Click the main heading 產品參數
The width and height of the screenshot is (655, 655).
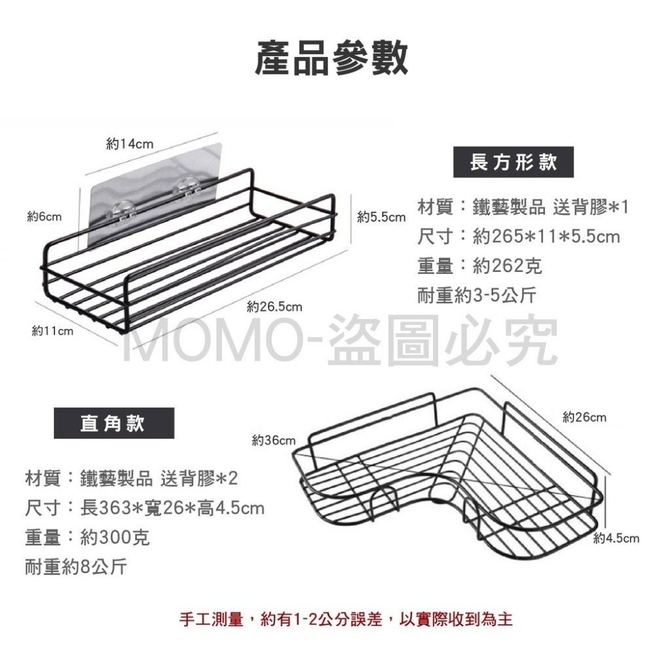click(x=331, y=58)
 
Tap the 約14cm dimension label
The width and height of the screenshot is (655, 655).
click(x=130, y=144)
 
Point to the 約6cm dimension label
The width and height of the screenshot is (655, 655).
click(x=45, y=217)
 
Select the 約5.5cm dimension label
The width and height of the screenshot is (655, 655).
click(x=381, y=217)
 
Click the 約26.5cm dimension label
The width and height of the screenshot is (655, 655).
click(x=274, y=307)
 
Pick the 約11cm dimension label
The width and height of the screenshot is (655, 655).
click(x=52, y=331)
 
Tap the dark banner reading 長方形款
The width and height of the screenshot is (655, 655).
click(x=514, y=162)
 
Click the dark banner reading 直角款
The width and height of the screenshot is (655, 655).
click(x=114, y=423)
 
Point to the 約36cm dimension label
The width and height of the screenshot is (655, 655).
click(x=274, y=440)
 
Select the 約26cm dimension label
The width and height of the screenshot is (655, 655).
click(x=584, y=417)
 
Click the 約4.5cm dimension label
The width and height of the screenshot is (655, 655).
click(x=616, y=538)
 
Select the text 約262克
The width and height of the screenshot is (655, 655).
click(x=508, y=266)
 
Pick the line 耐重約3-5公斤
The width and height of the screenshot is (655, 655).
click(x=477, y=295)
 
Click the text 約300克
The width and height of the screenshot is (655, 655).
click(x=115, y=537)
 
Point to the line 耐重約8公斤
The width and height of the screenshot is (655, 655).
click(x=76, y=567)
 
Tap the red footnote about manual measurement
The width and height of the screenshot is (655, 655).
click(x=346, y=619)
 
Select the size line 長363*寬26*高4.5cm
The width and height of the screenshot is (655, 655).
click(x=172, y=508)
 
